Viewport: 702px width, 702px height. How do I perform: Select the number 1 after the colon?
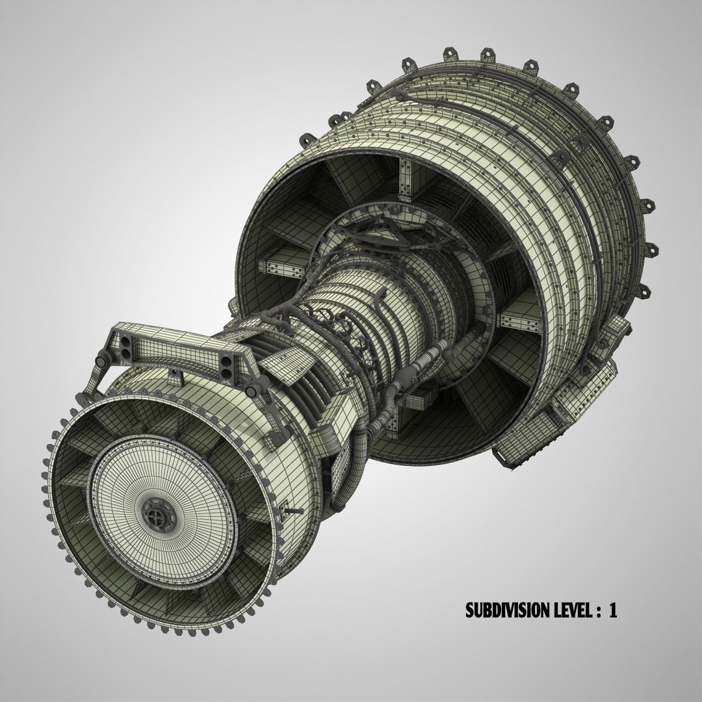(612, 610)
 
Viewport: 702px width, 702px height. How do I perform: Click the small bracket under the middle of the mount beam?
(174, 372)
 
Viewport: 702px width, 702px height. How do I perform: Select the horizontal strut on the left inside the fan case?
(279, 266)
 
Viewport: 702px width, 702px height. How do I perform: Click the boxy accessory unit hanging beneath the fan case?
(520, 448)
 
